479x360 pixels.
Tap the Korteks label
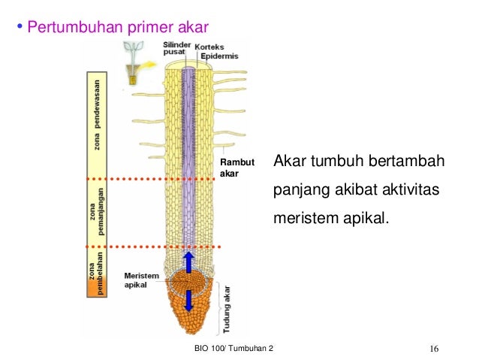tap(209, 47)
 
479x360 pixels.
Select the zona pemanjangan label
tap(96, 213)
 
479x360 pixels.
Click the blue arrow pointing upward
tap(189, 262)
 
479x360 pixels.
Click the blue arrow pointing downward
tap(189, 298)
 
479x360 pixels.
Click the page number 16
tap(435, 349)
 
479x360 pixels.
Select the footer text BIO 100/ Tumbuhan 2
tap(235, 349)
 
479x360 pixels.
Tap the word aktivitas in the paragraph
tap(409, 192)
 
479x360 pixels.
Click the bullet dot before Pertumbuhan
tap(20, 29)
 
